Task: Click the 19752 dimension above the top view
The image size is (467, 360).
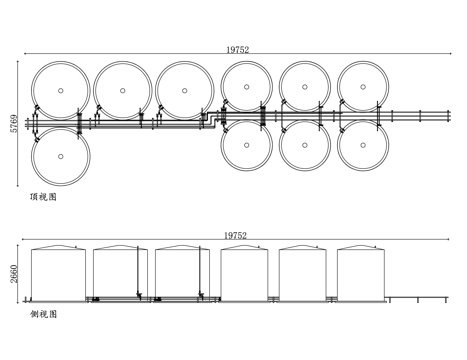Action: pos(238,50)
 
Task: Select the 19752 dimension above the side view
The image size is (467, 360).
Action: pos(235,236)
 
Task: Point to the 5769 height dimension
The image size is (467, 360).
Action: pos(14,124)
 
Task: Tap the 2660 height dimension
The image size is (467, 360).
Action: pos(14,274)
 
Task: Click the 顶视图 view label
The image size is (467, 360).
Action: pos(43,197)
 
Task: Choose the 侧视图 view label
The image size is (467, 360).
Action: pos(43,314)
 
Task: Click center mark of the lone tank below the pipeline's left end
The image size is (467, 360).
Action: pos(61,156)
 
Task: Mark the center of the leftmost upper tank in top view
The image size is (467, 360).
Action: pos(61,90)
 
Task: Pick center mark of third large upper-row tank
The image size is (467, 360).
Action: pos(184,90)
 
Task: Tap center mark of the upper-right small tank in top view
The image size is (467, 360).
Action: pos(363,87)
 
